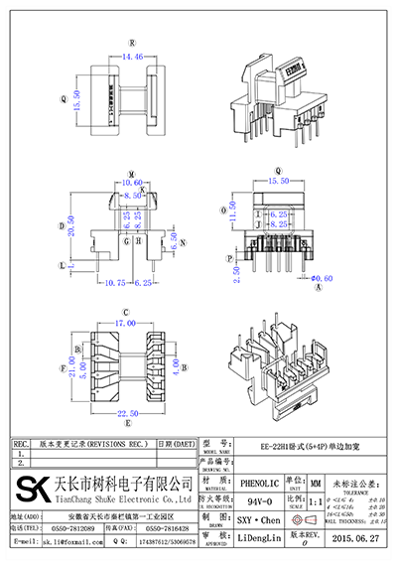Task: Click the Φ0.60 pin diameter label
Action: pyautogui.click(x=320, y=279)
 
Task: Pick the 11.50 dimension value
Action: pyautogui.click(x=233, y=212)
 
